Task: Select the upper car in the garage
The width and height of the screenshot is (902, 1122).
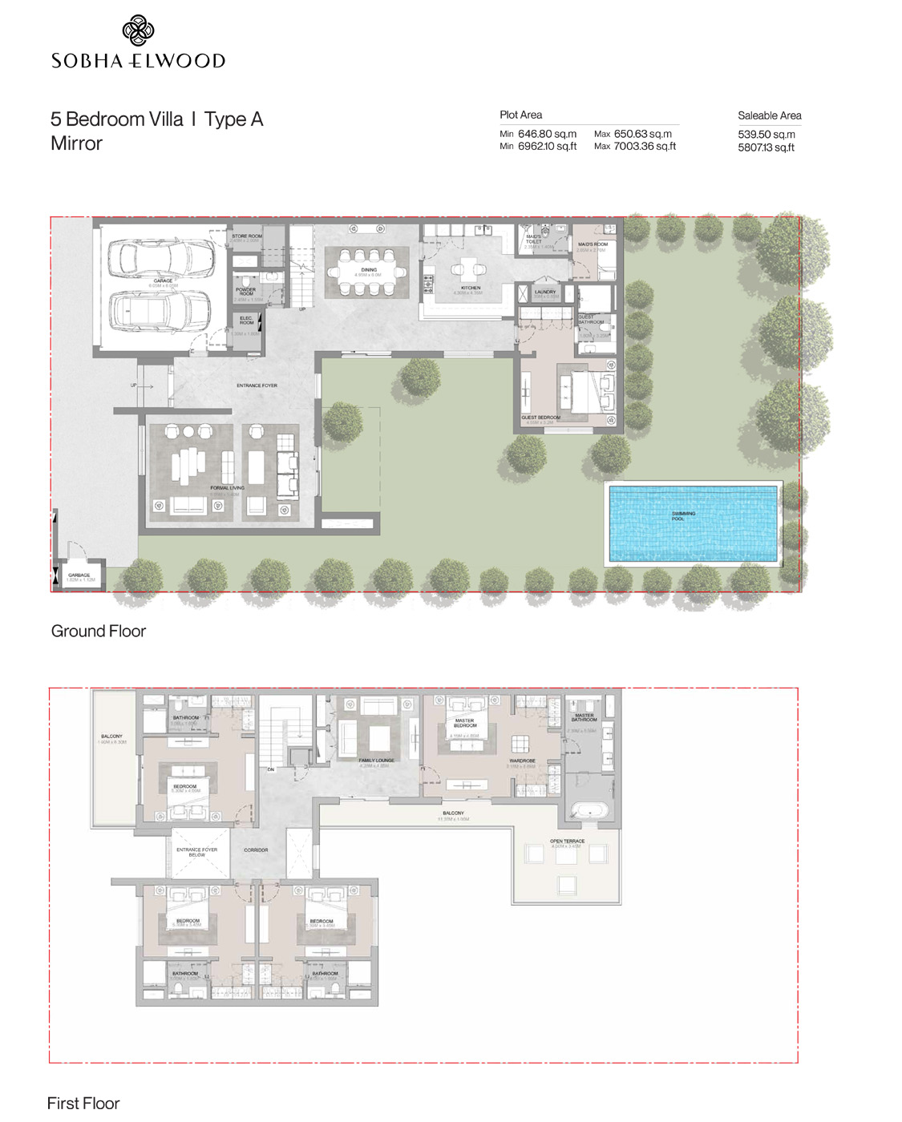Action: (166, 257)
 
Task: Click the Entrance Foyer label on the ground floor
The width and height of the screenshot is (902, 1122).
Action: (257, 385)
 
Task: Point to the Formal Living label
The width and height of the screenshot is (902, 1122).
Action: (227, 488)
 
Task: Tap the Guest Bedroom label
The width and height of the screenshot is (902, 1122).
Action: (540, 418)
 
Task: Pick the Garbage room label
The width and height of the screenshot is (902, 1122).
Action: (79, 575)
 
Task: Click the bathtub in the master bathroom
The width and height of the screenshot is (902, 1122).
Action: (589, 811)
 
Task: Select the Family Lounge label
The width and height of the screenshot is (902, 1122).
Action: (376, 761)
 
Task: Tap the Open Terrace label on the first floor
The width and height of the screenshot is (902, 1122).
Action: (567, 841)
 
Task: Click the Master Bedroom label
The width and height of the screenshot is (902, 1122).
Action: (465, 723)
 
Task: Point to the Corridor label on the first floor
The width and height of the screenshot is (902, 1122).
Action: (256, 850)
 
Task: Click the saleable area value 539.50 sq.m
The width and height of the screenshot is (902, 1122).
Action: (766, 135)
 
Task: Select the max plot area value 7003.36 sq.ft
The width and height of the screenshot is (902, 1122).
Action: (644, 147)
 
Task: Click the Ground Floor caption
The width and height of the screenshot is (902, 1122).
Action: (99, 632)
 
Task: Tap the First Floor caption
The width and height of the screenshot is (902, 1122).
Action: (83, 1103)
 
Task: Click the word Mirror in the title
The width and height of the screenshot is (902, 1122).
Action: (76, 143)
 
